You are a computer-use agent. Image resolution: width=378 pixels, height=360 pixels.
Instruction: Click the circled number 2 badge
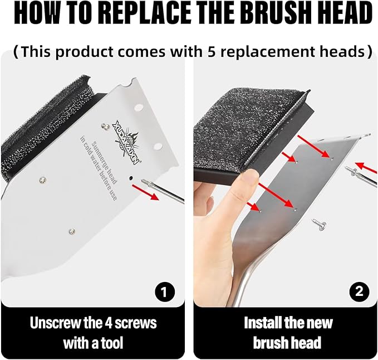[x=359, y=290]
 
